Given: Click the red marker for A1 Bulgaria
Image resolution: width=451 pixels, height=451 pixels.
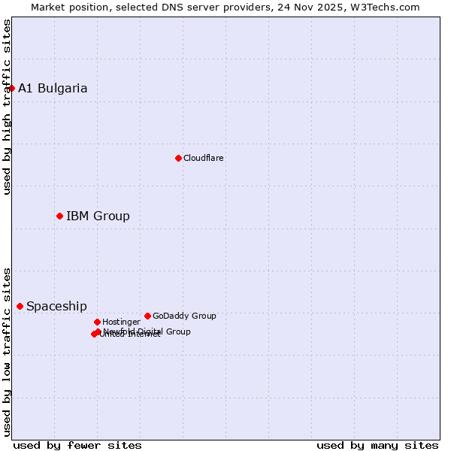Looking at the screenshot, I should tap(11, 88).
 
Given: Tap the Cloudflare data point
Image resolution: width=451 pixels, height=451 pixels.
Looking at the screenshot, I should tap(178, 158).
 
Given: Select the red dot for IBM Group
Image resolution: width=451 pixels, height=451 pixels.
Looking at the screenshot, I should tap(59, 216).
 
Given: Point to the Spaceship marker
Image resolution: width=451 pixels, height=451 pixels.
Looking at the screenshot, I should tap(20, 306).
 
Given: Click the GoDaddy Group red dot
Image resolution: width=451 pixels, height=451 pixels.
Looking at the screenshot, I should tap(147, 316).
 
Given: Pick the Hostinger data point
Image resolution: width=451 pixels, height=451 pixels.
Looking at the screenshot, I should tap(97, 322).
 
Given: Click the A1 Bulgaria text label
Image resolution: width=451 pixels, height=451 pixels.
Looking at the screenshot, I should tap(53, 88).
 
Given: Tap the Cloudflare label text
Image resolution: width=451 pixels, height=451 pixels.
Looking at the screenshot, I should tap(203, 158).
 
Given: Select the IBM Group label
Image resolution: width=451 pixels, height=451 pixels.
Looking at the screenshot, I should tap(98, 216).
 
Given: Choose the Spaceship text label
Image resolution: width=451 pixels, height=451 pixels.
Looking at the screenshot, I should tap(56, 307).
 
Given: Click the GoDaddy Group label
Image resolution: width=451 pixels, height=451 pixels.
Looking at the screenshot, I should tap(184, 316).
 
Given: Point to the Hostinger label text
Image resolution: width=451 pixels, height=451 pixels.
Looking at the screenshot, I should tap(121, 322).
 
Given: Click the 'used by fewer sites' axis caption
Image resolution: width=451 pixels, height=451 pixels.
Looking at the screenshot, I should tap(77, 445).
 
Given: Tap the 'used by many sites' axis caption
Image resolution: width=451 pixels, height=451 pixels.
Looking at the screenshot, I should tap(377, 445).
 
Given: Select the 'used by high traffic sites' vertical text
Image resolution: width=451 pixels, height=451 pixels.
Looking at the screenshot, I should tap(7, 107).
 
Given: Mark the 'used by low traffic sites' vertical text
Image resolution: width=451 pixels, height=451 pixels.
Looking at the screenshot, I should tap(7, 351).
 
